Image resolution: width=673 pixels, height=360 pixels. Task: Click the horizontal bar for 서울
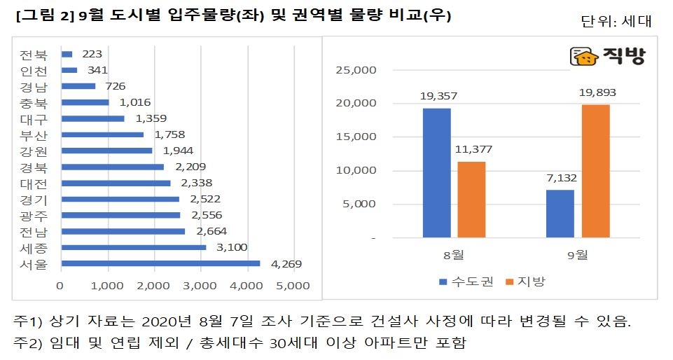(x=160, y=264)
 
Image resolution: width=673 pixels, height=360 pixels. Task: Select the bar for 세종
(x=134, y=247)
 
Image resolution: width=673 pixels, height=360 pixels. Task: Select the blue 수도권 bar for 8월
(x=436, y=173)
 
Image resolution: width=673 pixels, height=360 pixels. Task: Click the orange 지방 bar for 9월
(x=596, y=172)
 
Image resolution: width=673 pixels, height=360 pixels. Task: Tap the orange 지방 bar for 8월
(x=471, y=200)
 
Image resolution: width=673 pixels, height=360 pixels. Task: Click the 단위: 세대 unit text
(x=616, y=21)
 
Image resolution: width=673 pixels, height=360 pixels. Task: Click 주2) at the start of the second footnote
(x=29, y=343)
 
